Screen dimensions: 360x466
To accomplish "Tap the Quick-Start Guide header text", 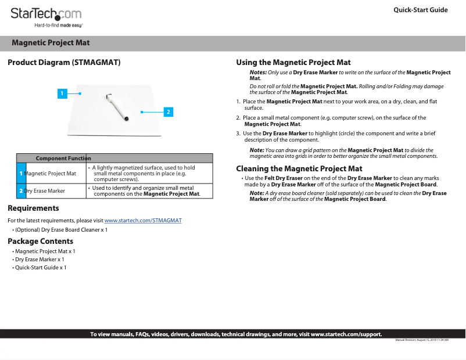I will (420, 10).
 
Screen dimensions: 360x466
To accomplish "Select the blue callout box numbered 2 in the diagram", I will (168, 111).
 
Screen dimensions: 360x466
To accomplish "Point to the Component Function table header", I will (63, 159).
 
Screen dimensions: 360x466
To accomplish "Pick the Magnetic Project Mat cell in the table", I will (51, 173).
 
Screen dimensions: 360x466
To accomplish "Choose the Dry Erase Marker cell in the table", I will (45, 190).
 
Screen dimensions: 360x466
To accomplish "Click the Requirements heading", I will (33, 208).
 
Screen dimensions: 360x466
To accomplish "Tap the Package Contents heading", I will (40, 241).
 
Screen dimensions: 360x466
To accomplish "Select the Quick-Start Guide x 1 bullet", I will (41, 268).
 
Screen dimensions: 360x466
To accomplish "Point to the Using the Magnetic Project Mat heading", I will (293, 62).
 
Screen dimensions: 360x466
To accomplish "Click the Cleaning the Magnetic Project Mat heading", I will (299, 168).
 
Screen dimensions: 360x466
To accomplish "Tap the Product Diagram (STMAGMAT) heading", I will (64, 62).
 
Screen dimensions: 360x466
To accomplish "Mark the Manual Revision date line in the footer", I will (422, 340).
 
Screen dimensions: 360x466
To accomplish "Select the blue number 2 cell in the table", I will (21, 191).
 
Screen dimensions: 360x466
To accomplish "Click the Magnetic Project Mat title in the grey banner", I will (51, 43).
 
